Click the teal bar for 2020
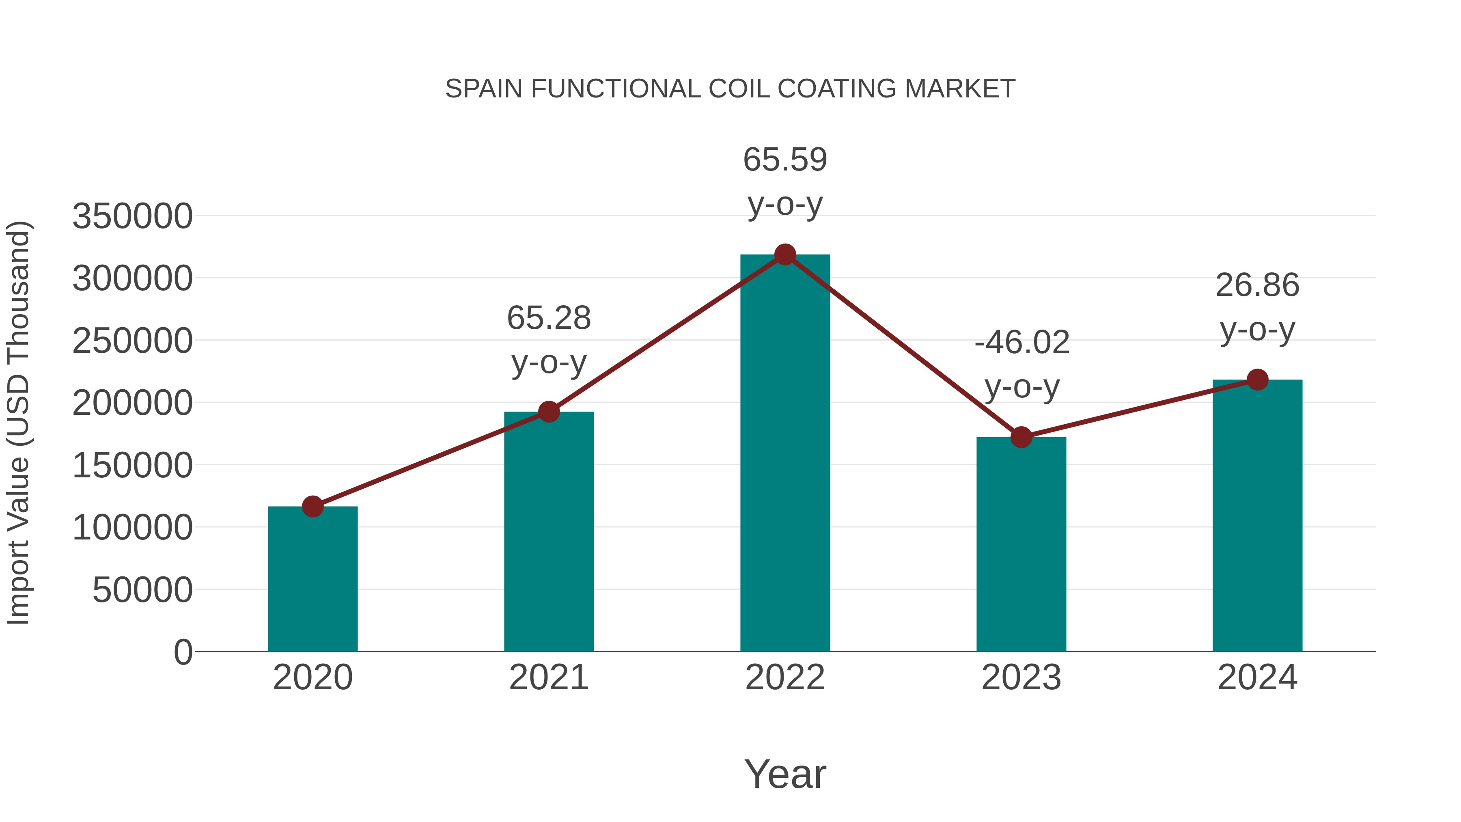pyautogui.click(x=312, y=578)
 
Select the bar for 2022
pyautogui.click(x=785, y=454)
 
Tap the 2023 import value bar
pyautogui.click(x=1021, y=545)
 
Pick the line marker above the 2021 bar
pyautogui.click(x=548, y=412)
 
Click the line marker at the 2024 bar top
pyautogui.click(x=1257, y=380)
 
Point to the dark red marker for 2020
pyautogui.click(x=312, y=507)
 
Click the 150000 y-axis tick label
pyautogui.click(x=132, y=466)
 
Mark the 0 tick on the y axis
pyautogui.click(x=183, y=652)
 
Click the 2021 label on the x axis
pyautogui.click(x=548, y=677)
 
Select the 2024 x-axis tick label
pyautogui.click(x=1257, y=677)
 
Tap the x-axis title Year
pyautogui.click(x=785, y=775)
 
